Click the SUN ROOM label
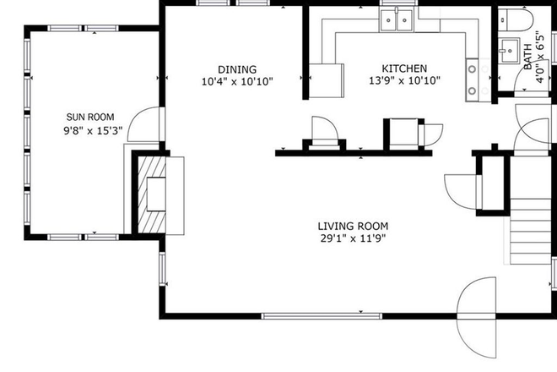[x=90, y=117]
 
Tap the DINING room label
[x=236, y=69]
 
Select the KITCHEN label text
[x=404, y=68]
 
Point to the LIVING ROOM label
[x=353, y=226]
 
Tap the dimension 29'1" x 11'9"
[x=353, y=238]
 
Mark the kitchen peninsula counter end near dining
[x=328, y=79]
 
